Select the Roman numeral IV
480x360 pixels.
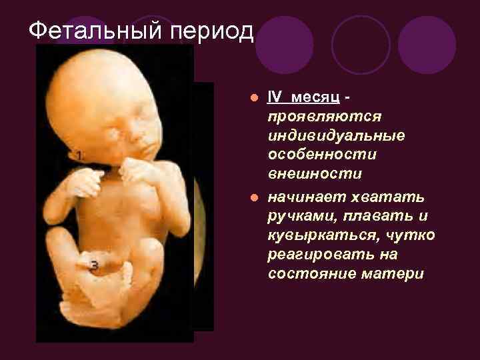274,97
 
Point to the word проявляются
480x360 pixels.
324,117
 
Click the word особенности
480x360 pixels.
322,155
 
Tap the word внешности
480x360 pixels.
315,174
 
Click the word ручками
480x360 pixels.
297,217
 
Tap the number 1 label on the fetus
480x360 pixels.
79,155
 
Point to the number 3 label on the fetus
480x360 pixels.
94,266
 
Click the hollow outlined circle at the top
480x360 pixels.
361,44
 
